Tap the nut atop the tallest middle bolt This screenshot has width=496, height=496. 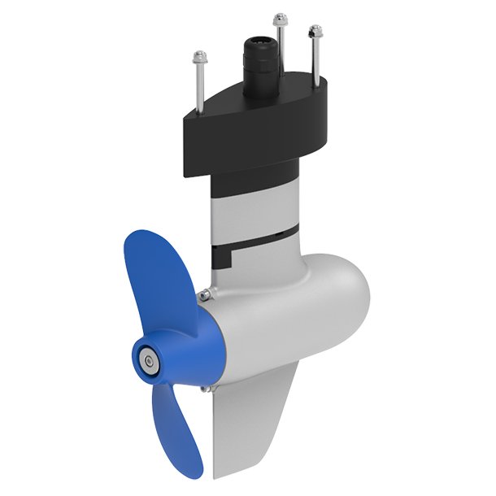click(280, 17)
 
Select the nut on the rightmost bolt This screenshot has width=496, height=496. click(314, 32)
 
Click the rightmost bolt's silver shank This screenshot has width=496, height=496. click(313, 61)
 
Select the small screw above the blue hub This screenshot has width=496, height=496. click(209, 292)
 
